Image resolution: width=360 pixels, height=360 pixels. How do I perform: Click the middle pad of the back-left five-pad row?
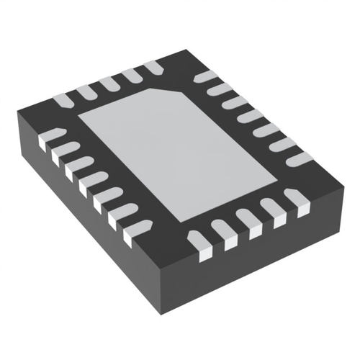pyautogui.click(x=109, y=83)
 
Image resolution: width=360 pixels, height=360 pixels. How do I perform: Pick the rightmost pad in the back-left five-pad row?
pyautogui.click(x=153, y=68)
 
